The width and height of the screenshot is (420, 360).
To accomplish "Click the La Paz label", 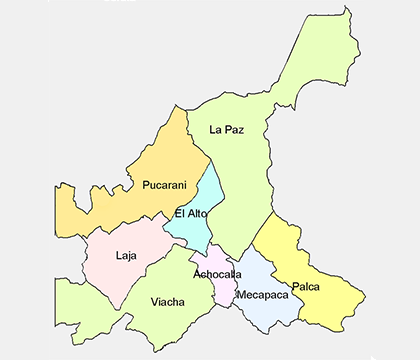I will pos(227,129).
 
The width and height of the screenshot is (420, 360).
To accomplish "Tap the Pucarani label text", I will pos(164,184).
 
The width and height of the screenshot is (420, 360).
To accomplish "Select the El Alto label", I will pos(191,213).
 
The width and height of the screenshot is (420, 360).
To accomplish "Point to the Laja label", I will pos(126,255).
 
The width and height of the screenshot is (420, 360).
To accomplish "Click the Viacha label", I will pos(167,301).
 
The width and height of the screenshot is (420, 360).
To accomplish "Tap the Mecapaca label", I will pos(262,295).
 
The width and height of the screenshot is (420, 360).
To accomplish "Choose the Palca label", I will pos(306,287).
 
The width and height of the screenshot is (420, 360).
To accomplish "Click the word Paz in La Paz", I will pos(236,129).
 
